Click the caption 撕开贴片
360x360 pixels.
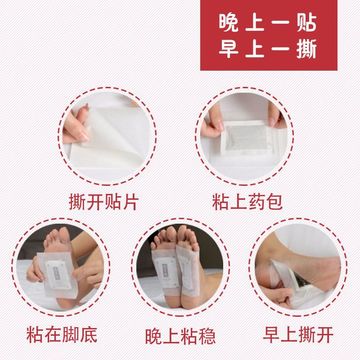[104, 202]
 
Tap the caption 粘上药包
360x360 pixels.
[247, 202]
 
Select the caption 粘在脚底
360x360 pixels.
[62, 335]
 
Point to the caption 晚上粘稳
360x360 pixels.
[180, 336]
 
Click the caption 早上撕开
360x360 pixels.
[298, 334]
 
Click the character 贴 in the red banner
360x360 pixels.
[306, 23]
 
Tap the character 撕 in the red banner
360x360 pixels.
[306, 49]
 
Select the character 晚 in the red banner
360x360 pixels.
[229, 23]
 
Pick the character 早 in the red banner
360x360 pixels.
[229, 49]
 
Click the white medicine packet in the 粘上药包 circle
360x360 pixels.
[246, 139]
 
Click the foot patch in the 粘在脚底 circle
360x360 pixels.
[57, 274]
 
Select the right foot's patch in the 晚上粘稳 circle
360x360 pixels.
[188, 271]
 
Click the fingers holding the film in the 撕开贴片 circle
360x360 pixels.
[76, 126]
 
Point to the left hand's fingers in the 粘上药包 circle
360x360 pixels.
[213, 122]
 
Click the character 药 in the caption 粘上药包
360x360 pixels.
[256, 202]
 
